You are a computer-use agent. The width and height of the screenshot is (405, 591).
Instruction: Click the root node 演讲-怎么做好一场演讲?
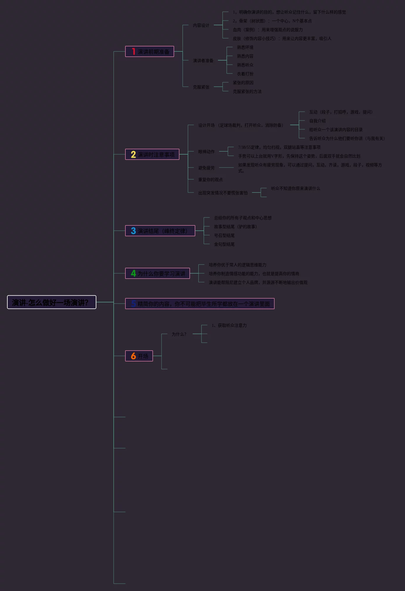[x=51, y=302]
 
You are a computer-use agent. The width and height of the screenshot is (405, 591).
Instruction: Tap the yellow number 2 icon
[x=133, y=155]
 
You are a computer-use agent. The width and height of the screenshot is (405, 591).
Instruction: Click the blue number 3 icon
[x=133, y=231]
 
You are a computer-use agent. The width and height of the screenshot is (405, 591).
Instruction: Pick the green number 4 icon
[x=133, y=274]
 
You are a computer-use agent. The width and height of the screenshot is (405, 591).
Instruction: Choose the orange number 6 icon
[x=133, y=356]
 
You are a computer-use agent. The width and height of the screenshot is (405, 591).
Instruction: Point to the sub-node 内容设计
[x=201, y=26]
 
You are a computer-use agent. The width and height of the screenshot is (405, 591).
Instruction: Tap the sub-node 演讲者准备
[x=203, y=61]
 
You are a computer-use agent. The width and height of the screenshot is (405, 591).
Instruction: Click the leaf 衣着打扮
[x=245, y=74]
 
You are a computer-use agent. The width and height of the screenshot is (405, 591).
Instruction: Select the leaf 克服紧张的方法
[x=247, y=91]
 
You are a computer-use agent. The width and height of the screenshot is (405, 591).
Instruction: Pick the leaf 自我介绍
[x=317, y=121]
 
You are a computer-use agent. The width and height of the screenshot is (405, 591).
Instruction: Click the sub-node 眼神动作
[x=206, y=152]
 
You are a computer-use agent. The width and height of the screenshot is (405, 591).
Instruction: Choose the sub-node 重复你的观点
[x=210, y=180]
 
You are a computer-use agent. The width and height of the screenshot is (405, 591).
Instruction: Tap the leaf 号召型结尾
[x=224, y=235]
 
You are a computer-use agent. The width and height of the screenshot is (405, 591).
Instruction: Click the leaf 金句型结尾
[x=224, y=244]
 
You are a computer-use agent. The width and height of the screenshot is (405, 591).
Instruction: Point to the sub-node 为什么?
[x=179, y=334]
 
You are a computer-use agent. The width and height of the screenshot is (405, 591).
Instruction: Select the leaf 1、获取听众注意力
[x=229, y=325]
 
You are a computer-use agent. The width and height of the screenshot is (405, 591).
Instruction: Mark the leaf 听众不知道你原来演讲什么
[x=295, y=188]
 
